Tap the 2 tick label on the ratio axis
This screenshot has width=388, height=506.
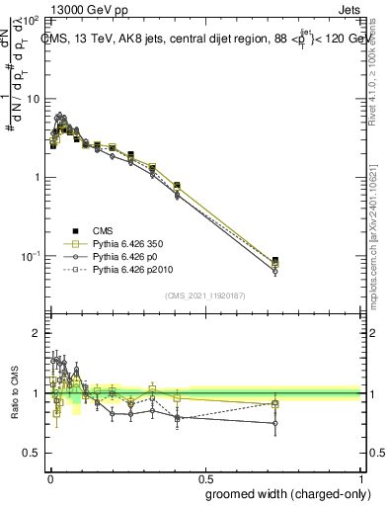pos(36,334)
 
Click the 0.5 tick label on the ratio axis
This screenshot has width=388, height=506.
pos(32,454)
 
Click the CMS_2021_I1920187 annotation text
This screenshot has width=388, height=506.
pos(204,294)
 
